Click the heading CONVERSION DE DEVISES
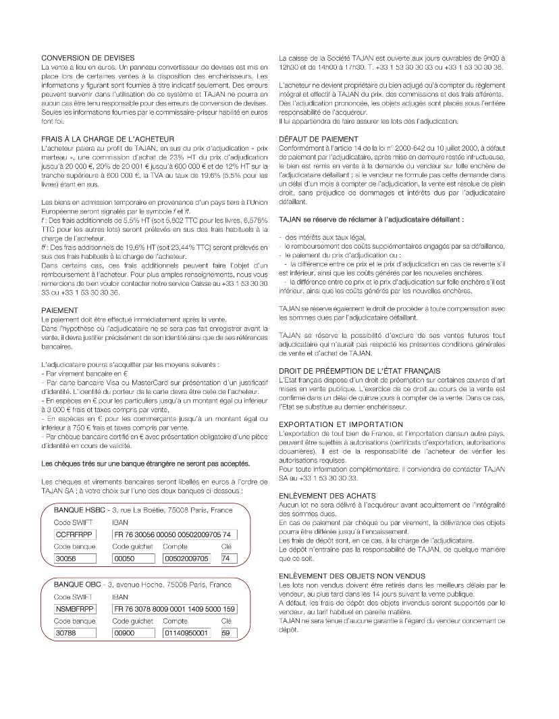point(88,58)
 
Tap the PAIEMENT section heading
point(60,309)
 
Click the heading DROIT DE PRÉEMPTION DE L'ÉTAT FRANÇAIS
point(359,371)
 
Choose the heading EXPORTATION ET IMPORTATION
point(341,424)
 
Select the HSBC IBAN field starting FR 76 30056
point(175,535)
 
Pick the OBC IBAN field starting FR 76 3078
point(175,609)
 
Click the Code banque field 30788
point(72,633)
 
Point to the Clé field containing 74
point(228,559)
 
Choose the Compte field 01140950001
point(186,633)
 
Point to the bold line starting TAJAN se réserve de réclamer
point(371,220)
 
